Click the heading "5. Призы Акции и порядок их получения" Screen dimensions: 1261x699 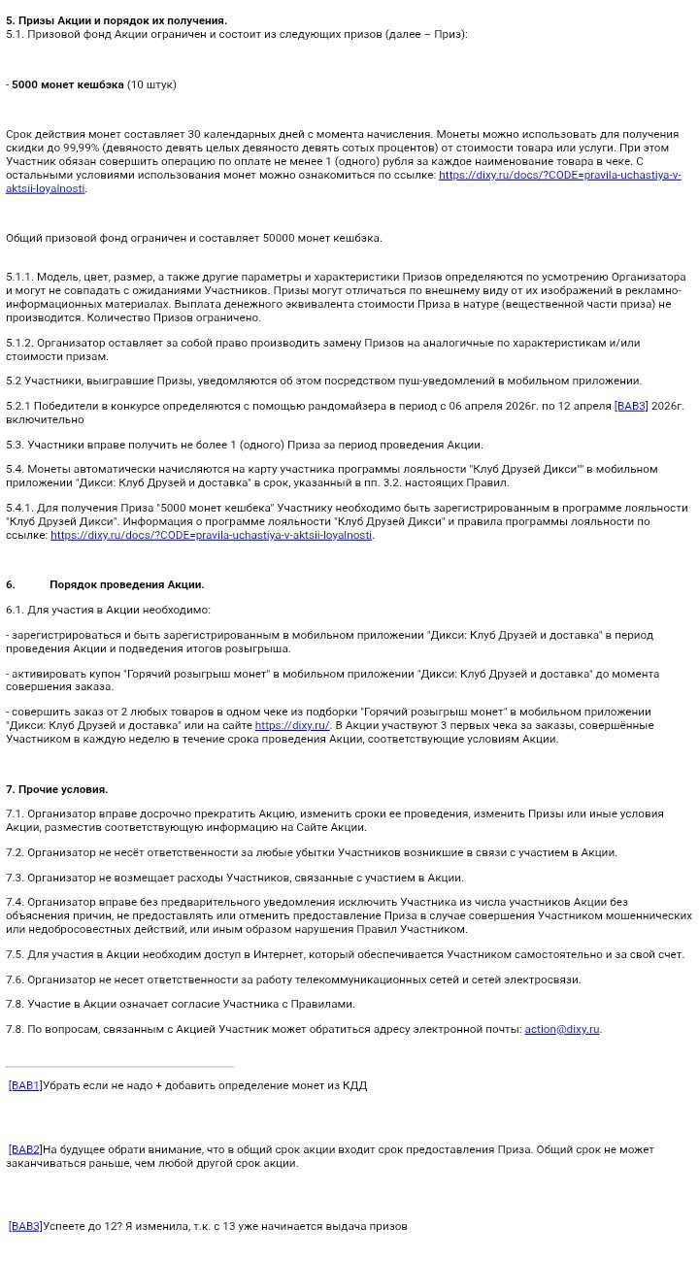coord(116,20)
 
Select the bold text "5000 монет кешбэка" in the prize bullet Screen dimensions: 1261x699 coord(68,84)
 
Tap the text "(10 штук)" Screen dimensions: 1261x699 coord(151,84)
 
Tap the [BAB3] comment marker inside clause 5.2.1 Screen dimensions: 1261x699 coord(631,406)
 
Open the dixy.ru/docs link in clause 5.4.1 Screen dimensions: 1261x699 coord(211,535)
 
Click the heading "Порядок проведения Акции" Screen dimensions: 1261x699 coord(126,584)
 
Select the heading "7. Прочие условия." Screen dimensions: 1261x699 coord(57,789)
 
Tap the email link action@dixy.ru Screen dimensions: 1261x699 coord(562,1029)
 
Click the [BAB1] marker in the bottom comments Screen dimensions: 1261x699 coord(24,1085)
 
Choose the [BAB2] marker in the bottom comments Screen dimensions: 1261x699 coord(24,1149)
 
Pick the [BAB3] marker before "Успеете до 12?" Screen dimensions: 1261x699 coord(24,1226)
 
